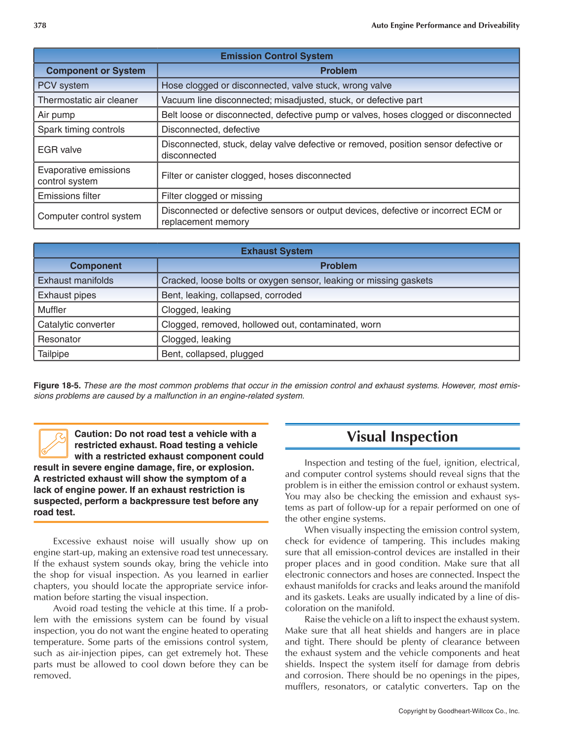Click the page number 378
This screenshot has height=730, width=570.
click(x=40, y=25)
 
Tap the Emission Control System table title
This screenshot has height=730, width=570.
click(x=276, y=56)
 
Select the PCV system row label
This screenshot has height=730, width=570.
click(x=64, y=85)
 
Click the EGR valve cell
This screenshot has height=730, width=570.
click(x=60, y=150)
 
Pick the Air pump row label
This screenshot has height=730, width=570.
click(x=57, y=115)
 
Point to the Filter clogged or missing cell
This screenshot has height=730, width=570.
click(x=212, y=196)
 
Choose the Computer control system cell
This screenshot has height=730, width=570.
click(x=89, y=216)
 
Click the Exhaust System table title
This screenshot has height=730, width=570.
click(x=276, y=251)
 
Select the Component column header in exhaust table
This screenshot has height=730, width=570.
click(x=96, y=266)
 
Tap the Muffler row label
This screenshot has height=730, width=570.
click(x=52, y=309)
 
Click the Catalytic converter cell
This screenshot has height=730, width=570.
click(x=76, y=324)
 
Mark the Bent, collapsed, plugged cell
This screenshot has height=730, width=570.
click(x=213, y=354)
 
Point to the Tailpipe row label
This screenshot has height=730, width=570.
click(x=54, y=354)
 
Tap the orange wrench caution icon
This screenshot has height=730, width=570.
click(x=53, y=443)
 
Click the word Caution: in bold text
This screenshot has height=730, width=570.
click(x=93, y=434)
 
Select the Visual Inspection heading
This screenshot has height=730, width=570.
click(x=402, y=436)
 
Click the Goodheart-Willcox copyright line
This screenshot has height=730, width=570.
click(x=459, y=711)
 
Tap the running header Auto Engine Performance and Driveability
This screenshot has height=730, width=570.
click(x=445, y=25)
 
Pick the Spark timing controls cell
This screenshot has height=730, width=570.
click(x=81, y=129)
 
